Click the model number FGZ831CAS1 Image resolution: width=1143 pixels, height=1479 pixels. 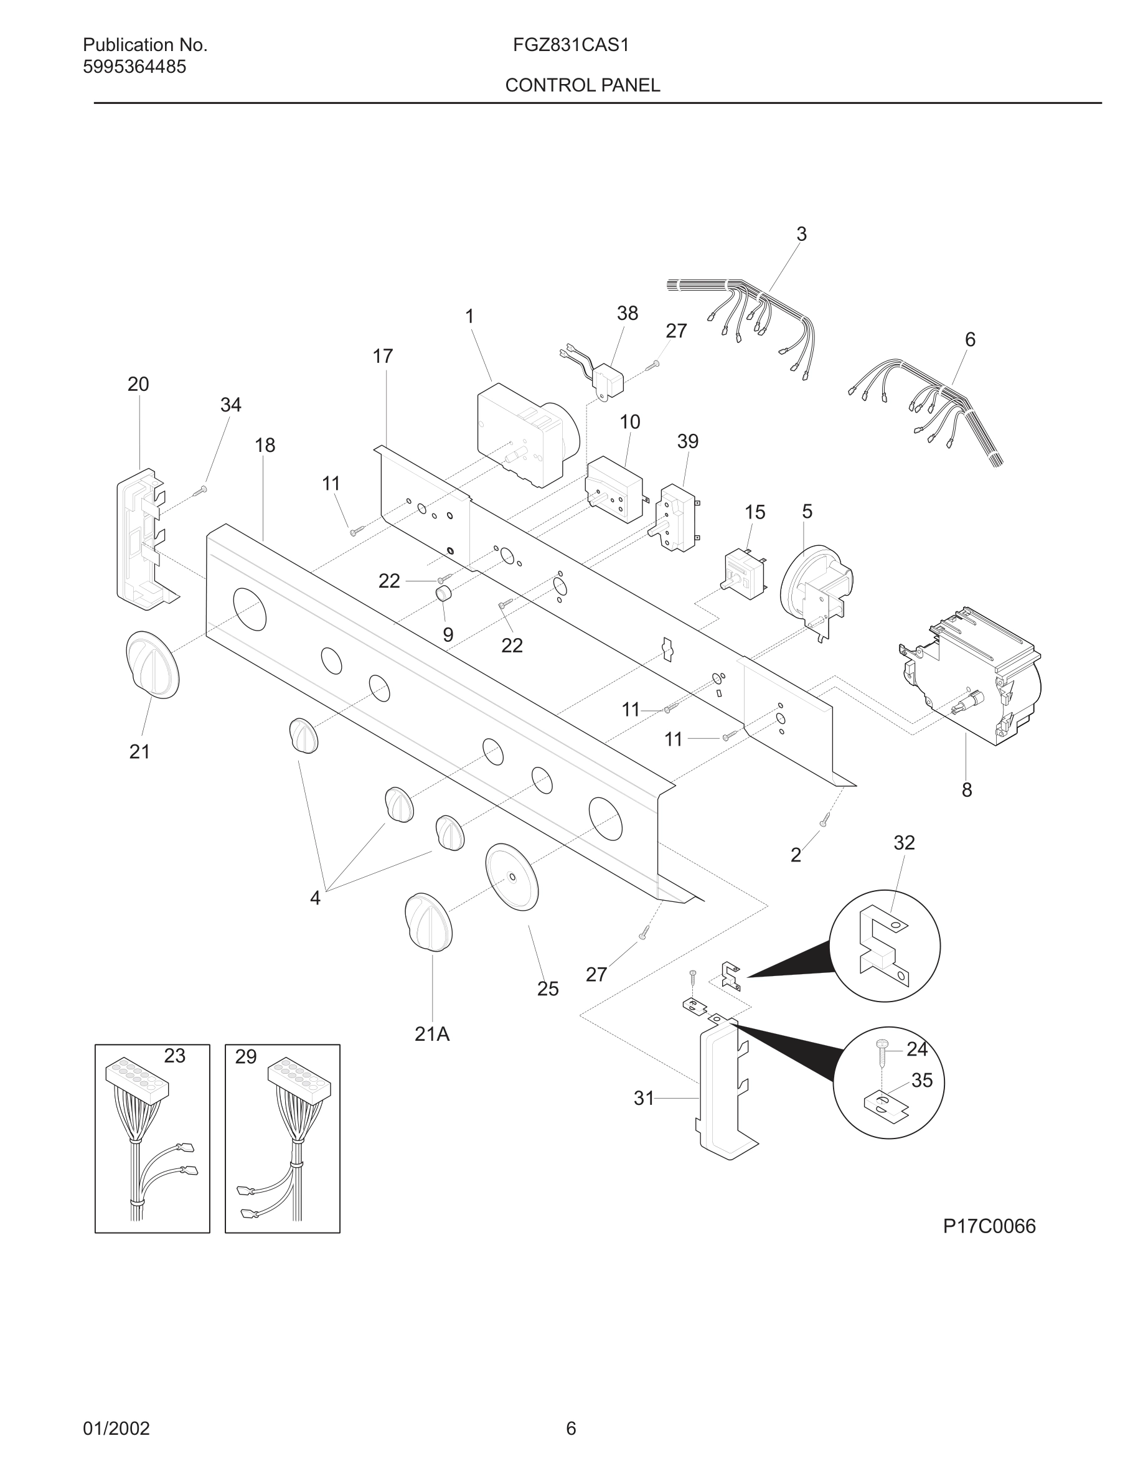tap(571, 45)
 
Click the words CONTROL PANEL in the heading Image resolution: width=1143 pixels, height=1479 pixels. tap(582, 85)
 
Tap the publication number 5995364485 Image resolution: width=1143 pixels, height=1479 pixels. tap(134, 67)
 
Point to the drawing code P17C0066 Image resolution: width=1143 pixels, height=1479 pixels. tap(989, 1226)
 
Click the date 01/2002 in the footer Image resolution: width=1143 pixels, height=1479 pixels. tap(116, 1428)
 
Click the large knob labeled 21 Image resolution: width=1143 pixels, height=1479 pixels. tap(153, 664)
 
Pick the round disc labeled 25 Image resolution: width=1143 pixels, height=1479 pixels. tap(512, 877)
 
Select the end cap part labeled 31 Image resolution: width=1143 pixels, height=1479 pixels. tap(723, 1092)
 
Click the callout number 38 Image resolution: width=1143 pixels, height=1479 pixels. tap(627, 314)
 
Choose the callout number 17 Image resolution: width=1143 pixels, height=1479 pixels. tap(383, 356)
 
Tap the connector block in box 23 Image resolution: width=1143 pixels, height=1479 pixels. tap(137, 1079)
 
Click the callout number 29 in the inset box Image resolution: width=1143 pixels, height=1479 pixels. tap(246, 1057)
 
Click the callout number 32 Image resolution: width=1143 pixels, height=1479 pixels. tap(904, 842)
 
